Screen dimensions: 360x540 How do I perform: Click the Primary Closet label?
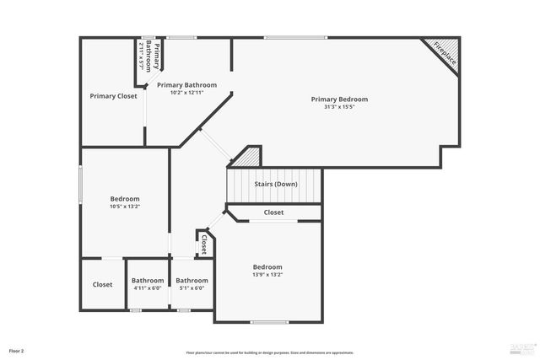[x=113, y=96]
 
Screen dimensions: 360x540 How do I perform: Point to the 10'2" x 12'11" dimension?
[x=186, y=93]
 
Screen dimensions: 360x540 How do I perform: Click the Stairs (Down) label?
[x=276, y=184]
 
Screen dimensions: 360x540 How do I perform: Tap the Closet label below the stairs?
[x=273, y=212]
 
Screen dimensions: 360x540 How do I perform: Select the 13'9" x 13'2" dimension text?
[x=267, y=274]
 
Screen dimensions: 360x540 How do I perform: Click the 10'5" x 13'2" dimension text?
[x=125, y=207]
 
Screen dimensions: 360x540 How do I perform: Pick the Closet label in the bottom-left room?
[x=102, y=284]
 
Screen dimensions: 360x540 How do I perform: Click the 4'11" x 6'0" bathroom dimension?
[x=148, y=288]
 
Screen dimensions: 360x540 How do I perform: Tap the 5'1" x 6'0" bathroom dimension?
[x=192, y=288]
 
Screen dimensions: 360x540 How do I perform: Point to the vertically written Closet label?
[x=203, y=244]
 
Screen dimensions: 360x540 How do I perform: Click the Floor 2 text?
[x=17, y=350]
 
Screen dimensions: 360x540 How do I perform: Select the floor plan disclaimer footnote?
[x=270, y=352]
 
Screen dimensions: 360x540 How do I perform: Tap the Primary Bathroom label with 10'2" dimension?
[x=186, y=85]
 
